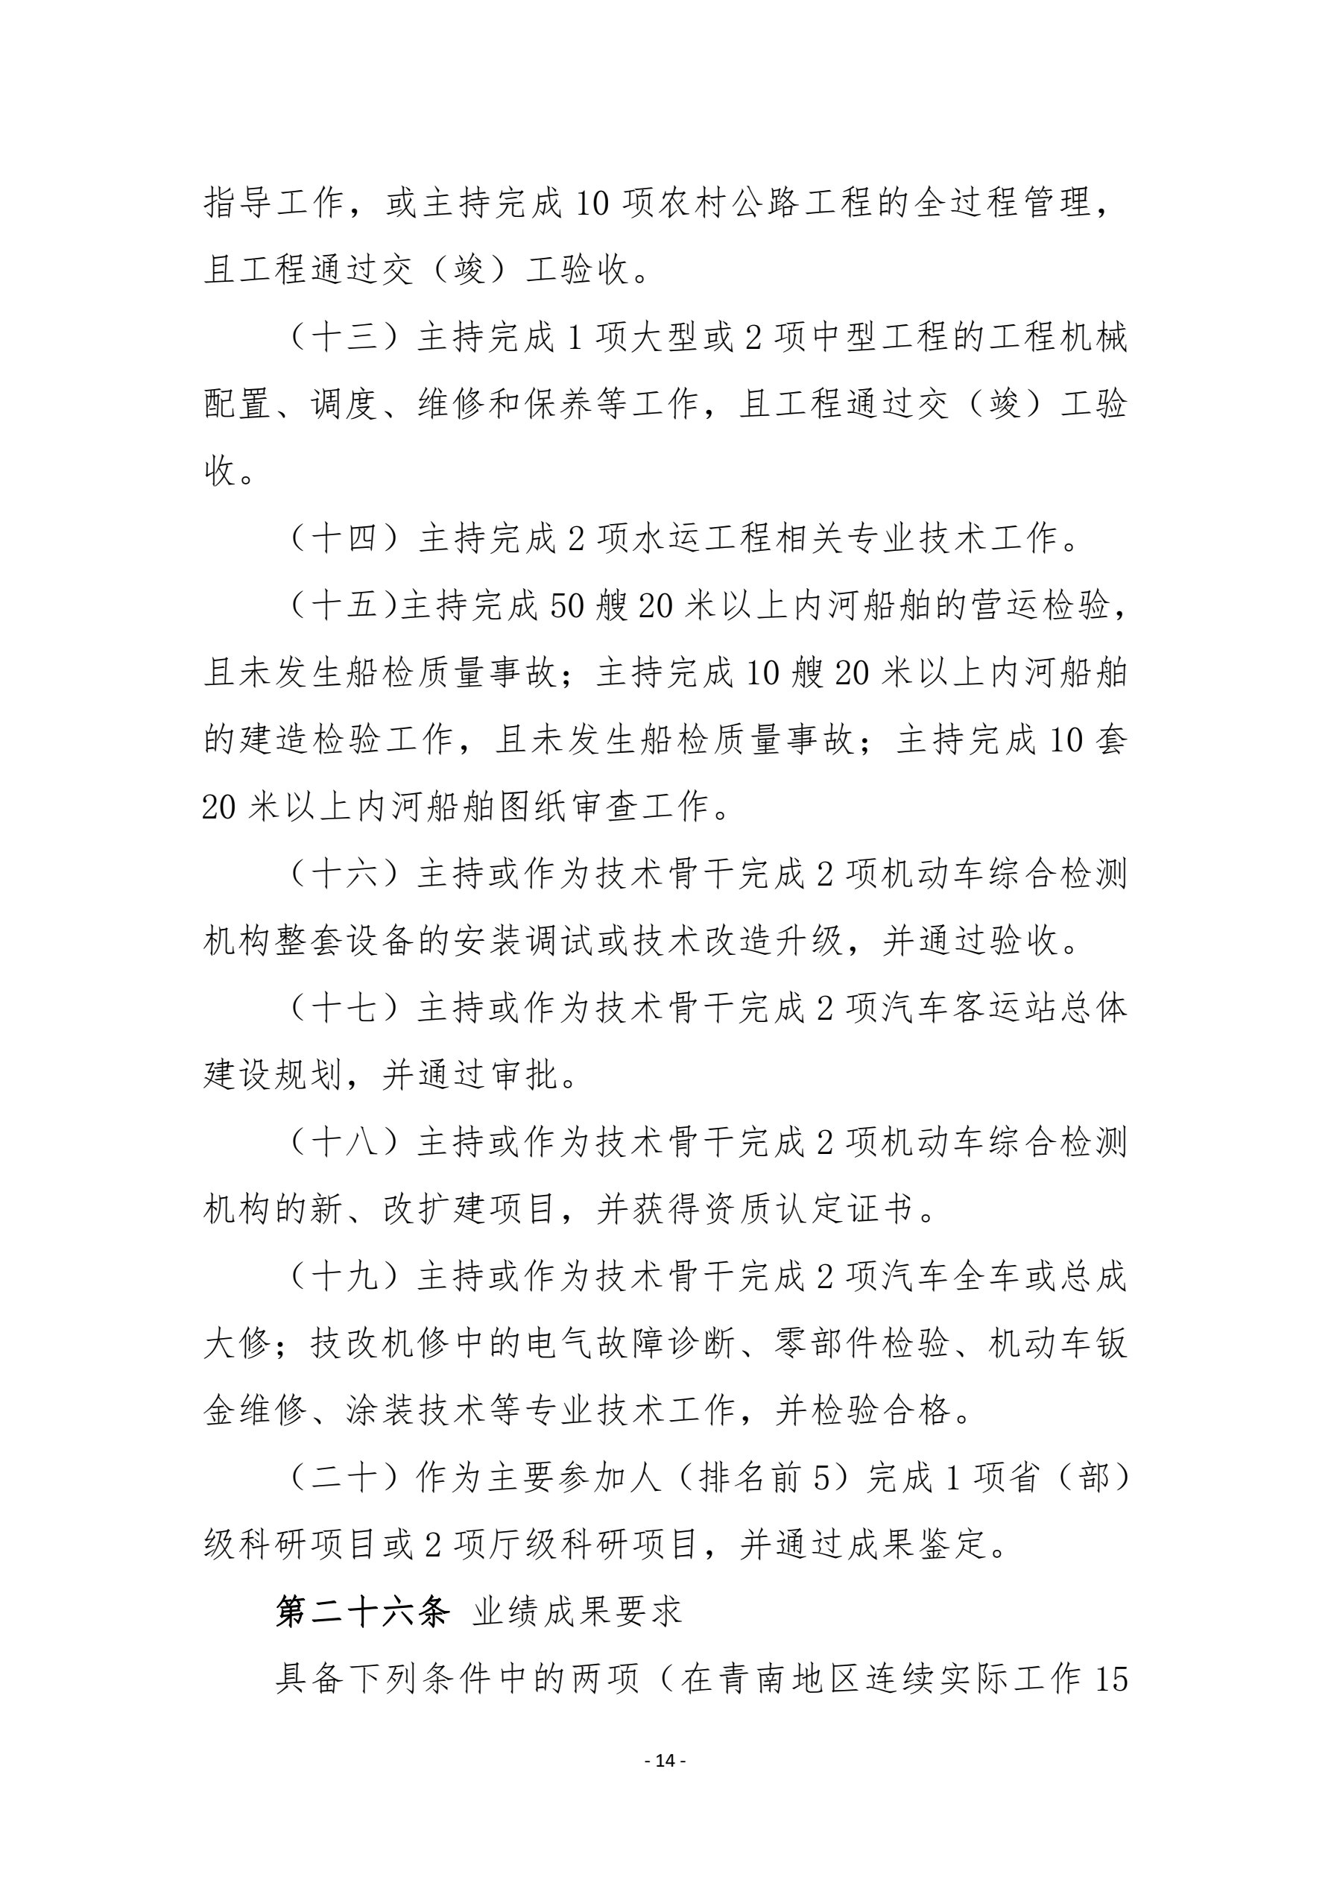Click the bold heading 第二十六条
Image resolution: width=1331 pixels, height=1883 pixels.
[362, 1612]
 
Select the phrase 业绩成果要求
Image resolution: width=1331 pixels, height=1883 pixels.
[578, 1612]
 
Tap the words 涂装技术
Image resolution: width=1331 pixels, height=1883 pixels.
[417, 1410]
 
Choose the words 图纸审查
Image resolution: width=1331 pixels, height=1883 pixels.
[569, 808]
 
